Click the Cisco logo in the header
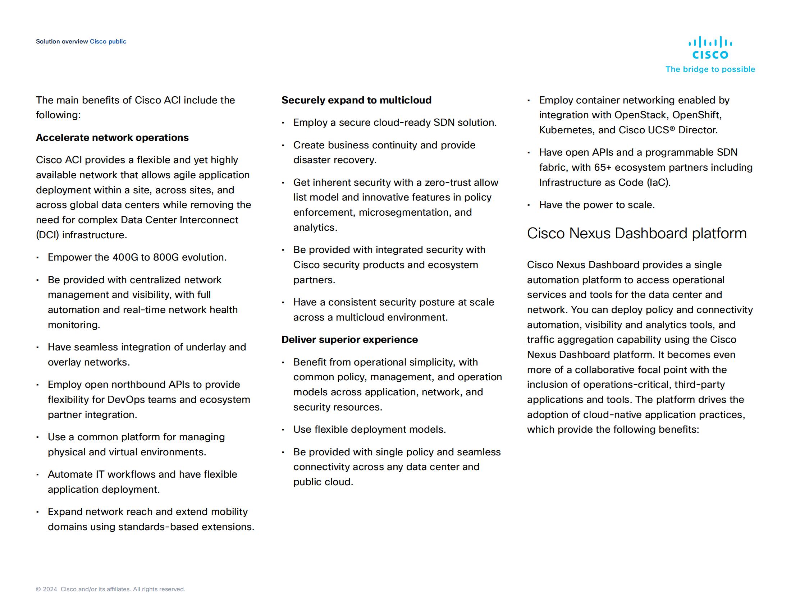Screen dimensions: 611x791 [x=710, y=47]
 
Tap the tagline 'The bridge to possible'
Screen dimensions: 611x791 [x=710, y=69]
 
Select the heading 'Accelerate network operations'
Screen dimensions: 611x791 [x=112, y=138]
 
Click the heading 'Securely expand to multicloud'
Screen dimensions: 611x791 [x=356, y=100]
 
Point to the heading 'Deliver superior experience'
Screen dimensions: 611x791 [x=349, y=340]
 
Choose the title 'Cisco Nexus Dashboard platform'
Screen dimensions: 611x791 [x=637, y=234]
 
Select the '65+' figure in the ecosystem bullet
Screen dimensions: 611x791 [x=602, y=167]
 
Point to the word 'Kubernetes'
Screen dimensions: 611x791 [x=566, y=130]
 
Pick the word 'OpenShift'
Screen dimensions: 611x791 [x=696, y=115]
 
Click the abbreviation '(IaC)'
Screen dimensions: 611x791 [x=658, y=183]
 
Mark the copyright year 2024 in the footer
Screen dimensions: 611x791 [x=50, y=589]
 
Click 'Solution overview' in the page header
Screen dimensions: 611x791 [x=62, y=42]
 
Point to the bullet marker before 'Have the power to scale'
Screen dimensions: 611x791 [x=529, y=205]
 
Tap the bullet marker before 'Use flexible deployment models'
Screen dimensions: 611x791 [x=283, y=430]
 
